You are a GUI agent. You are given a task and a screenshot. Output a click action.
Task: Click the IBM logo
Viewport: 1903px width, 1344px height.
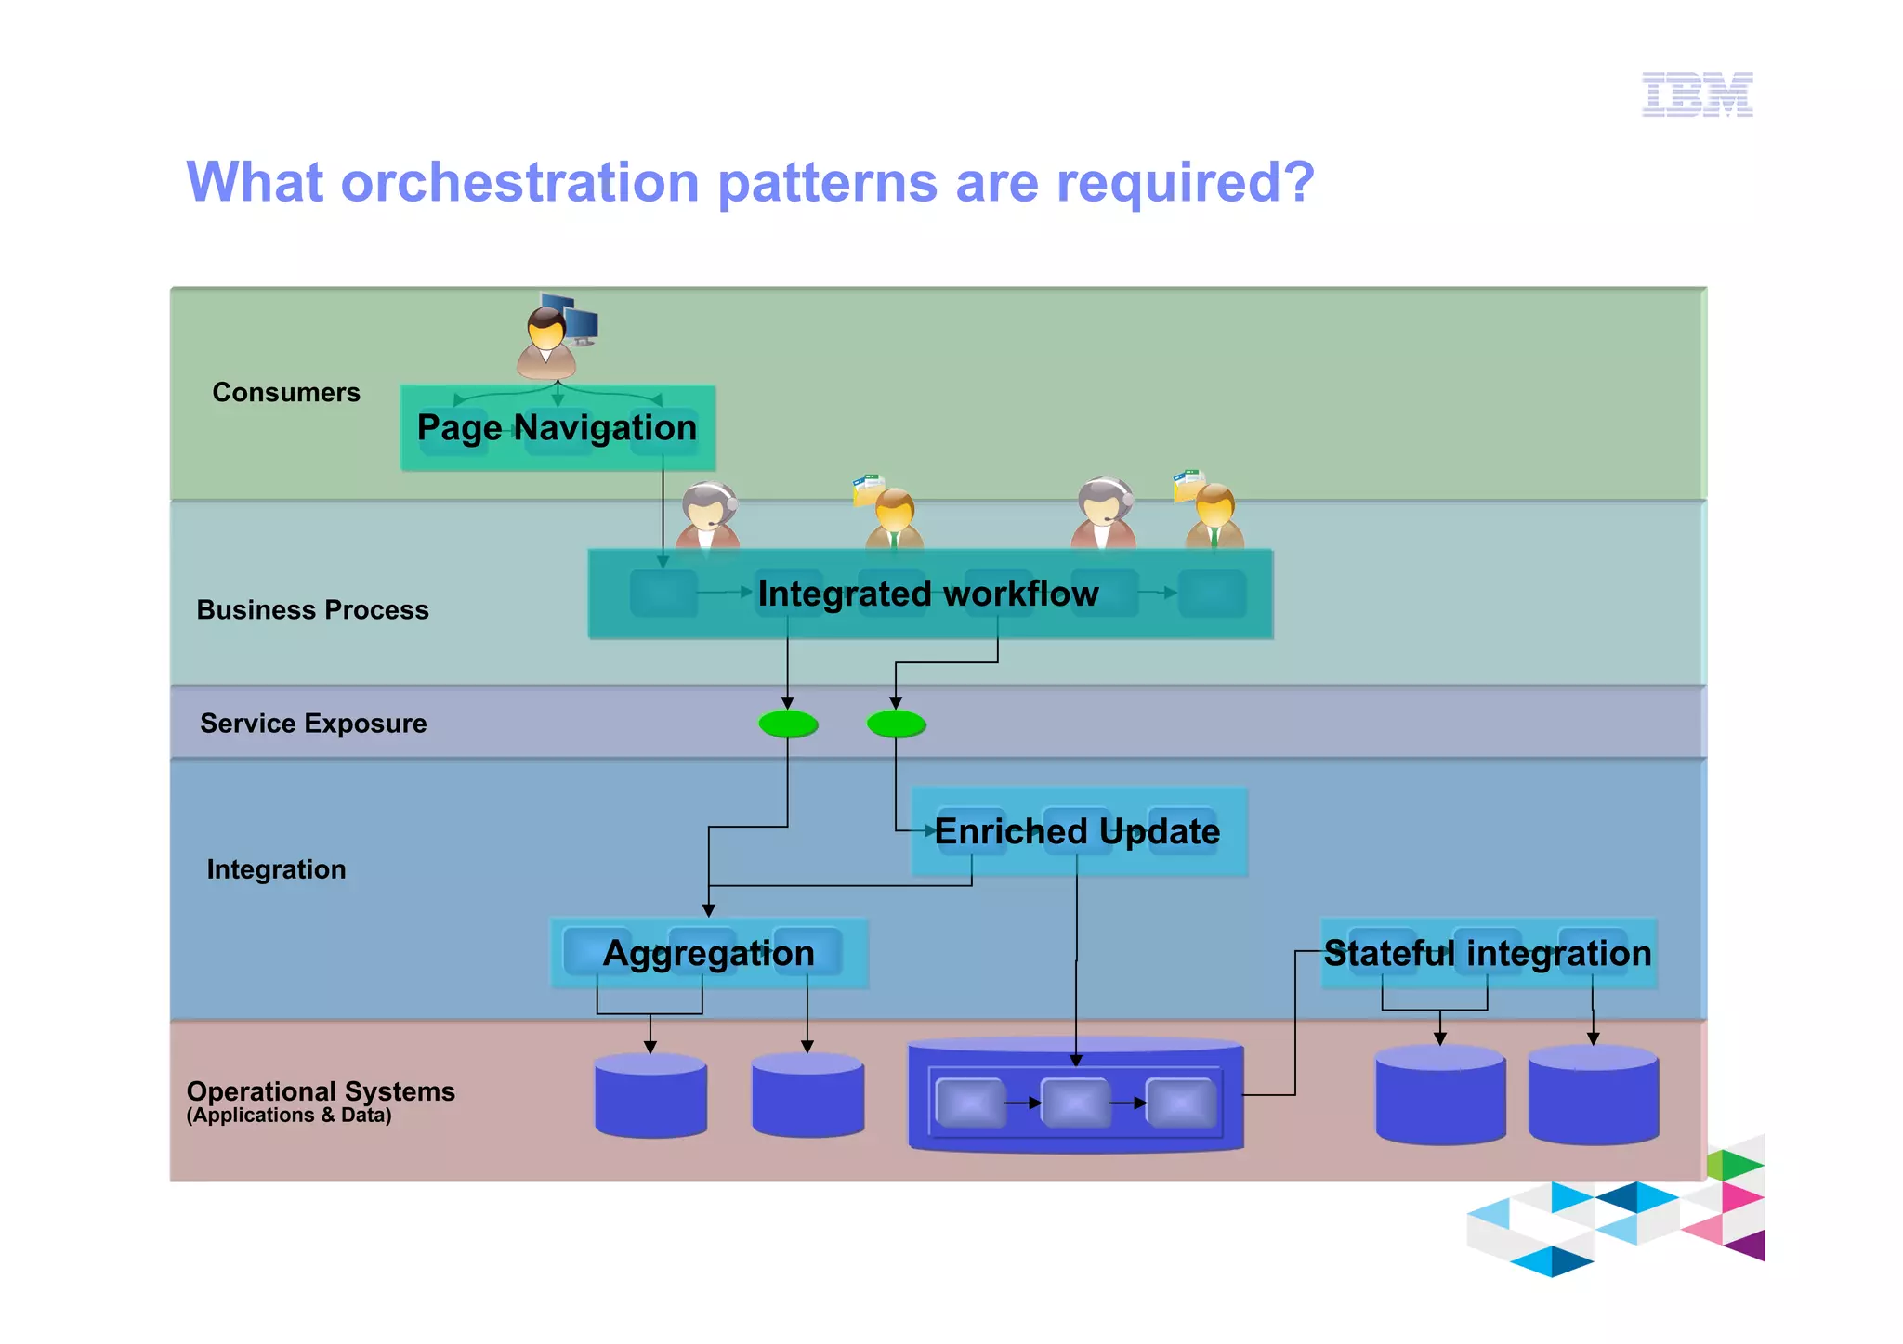(x=1697, y=95)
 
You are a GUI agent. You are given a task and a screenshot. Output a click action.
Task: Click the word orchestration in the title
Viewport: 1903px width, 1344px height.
(x=519, y=182)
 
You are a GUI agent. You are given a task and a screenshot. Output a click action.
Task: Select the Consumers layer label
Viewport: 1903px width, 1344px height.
(x=285, y=393)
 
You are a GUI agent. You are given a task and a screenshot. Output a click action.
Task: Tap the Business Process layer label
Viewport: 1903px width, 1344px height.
(x=312, y=610)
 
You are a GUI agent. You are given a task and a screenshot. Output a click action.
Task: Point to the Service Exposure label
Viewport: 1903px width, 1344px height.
(x=313, y=724)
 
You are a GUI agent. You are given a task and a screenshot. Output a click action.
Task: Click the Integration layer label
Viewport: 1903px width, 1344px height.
(x=276, y=869)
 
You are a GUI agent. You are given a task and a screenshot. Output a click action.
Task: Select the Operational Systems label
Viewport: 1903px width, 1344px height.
(x=321, y=1090)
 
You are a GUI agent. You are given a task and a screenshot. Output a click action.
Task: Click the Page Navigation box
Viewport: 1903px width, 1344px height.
(x=558, y=428)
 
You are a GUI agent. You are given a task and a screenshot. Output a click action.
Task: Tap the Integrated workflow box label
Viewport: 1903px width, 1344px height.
(x=927, y=594)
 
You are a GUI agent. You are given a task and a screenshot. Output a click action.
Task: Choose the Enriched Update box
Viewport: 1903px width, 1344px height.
(x=1077, y=831)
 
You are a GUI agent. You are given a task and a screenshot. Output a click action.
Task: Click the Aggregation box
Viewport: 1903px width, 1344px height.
(x=708, y=954)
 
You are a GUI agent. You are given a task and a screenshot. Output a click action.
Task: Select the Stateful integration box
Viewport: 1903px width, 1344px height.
(x=1488, y=954)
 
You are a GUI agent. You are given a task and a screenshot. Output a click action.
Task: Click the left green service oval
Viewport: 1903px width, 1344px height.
(x=788, y=724)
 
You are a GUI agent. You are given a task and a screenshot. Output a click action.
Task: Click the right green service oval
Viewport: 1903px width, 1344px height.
(x=896, y=724)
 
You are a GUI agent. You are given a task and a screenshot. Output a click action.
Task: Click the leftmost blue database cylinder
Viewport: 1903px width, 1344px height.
(x=650, y=1096)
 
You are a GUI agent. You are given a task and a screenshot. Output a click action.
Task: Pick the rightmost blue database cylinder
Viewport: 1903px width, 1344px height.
(x=1593, y=1096)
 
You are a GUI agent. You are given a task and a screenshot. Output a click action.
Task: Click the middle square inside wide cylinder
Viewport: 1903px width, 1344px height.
(x=1075, y=1103)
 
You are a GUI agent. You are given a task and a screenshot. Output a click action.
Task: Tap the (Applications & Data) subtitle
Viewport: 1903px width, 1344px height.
(x=289, y=1116)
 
